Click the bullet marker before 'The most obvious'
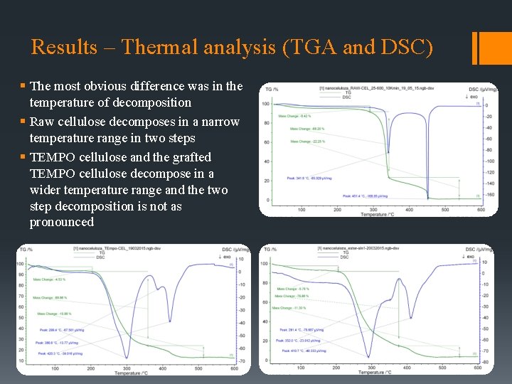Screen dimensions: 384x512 coord(23,86)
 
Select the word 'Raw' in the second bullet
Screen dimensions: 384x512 coord(42,122)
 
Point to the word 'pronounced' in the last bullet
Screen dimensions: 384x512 coord(61,222)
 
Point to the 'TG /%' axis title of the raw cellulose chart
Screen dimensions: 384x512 coord(271,89)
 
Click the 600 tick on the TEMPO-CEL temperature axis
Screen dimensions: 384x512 coord(235,368)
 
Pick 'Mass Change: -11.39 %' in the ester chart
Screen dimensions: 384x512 coord(292,308)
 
